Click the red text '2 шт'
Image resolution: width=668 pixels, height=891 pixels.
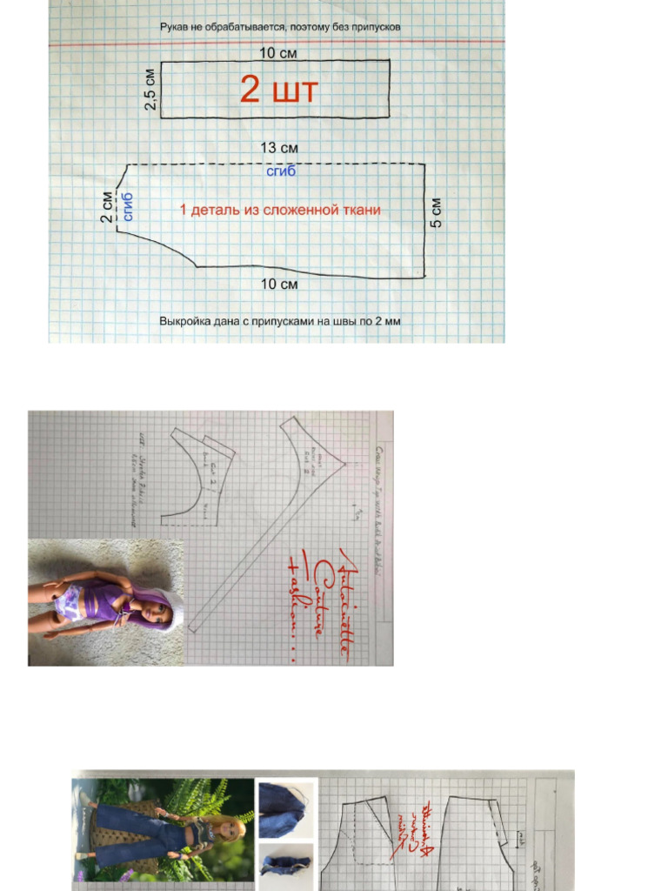[278, 90]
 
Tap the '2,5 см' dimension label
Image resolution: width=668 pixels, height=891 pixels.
[150, 89]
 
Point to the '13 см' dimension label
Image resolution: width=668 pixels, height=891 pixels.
[279, 148]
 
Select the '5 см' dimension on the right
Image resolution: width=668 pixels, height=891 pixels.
[437, 213]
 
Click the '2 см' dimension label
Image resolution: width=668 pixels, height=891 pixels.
[107, 207]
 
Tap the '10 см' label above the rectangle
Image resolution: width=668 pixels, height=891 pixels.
[278, 53]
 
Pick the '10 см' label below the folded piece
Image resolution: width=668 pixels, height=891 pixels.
[279, 285]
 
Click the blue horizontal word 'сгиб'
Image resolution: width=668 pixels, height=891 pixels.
[281, 171]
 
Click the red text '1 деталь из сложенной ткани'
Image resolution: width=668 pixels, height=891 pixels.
[280, 210]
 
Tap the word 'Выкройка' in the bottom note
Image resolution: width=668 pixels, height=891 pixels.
[185, 321]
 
